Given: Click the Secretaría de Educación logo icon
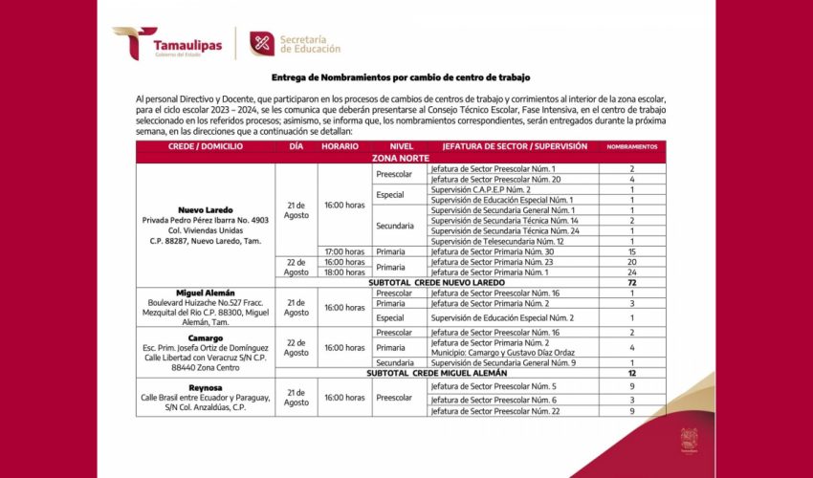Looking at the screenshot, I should [x=261, y=43].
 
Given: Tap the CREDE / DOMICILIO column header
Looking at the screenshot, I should [x=206, y=145].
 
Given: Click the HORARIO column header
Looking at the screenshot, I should [x=340, y=145].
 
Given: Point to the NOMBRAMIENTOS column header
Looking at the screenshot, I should [x=632, y=146].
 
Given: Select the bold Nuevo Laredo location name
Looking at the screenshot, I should [x=206, y=209].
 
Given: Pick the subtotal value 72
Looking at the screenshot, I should [x=632, y=283].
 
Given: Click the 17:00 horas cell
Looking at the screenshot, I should [x=343, y=251].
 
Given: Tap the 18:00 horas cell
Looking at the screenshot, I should [x=343, y=272].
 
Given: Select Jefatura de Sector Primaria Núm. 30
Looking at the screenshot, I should [x=492, y=251].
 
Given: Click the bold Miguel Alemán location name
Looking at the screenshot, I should [x=206, y=293].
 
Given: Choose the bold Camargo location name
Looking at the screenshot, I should [x=206, y=337].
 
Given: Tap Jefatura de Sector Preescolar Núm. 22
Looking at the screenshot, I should [x=494, y=411].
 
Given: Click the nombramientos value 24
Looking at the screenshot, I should [x=632, y=272].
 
